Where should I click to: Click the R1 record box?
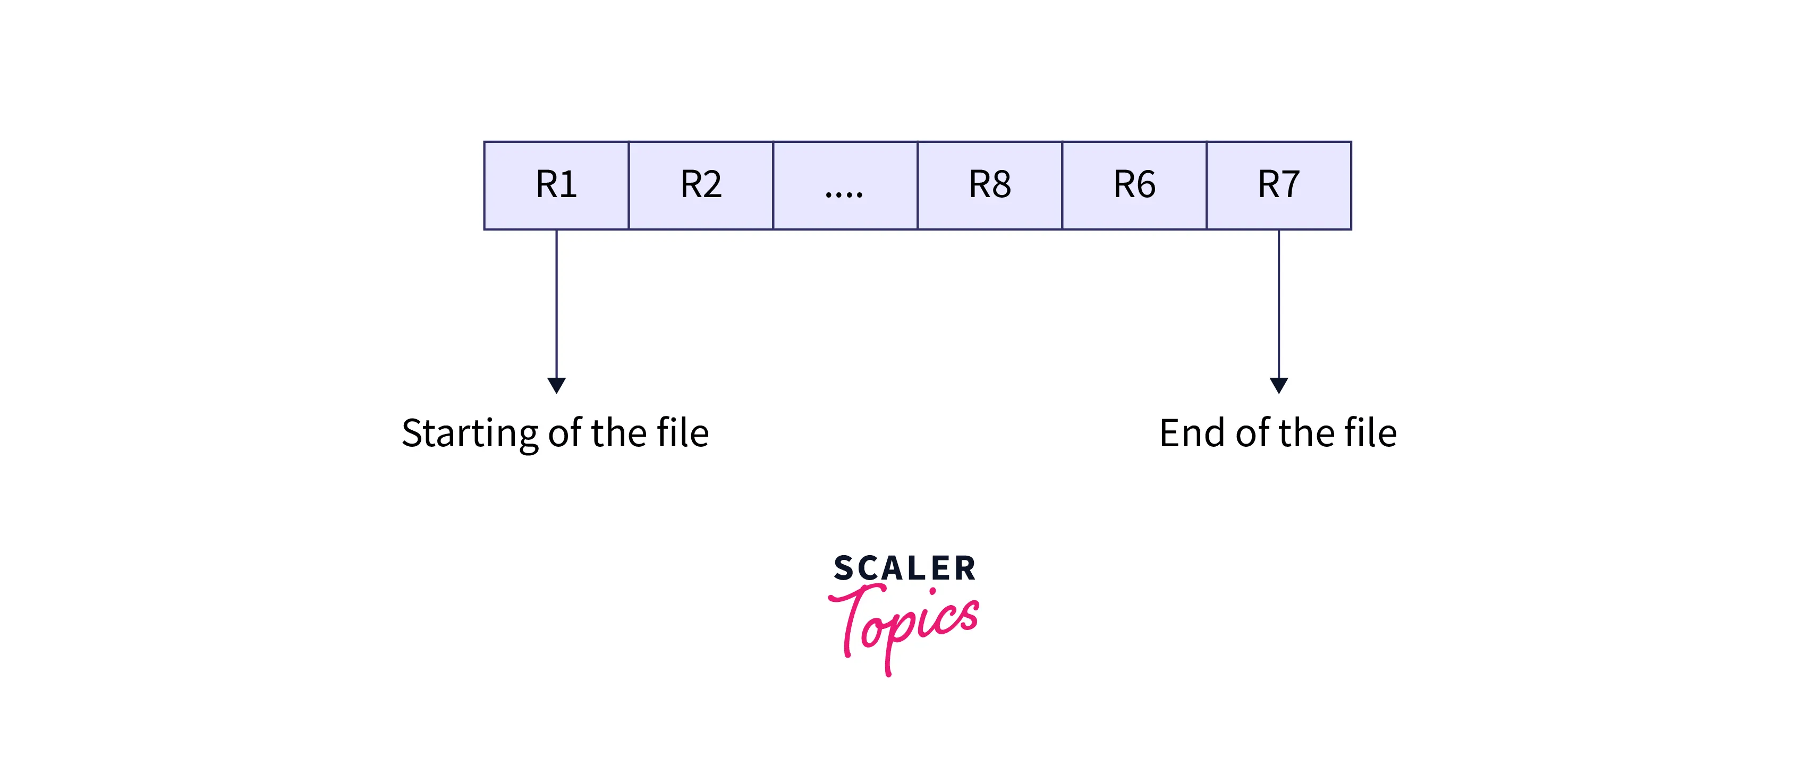556,185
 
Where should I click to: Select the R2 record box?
701,185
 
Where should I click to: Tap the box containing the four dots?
845,185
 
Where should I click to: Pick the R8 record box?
990,185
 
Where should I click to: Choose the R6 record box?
1134,185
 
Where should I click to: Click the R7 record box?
1279,185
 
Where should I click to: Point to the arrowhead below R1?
556,385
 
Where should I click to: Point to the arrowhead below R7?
1279,385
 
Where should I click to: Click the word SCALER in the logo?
904,568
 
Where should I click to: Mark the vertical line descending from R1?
556,301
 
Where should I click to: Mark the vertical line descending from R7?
1279,301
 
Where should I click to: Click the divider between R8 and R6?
1062,185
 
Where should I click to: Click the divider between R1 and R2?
629,185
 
